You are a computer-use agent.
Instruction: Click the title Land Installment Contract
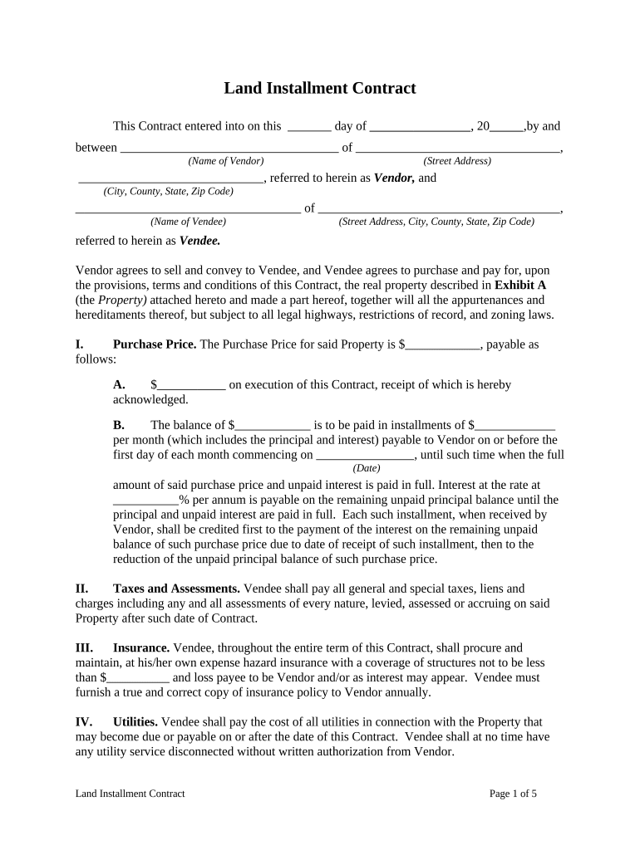pyautogui.click(x=319, y=88)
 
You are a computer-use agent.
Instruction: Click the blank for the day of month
pyautogui.click(x=309, y=128)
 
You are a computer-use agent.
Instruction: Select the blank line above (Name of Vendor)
pyautogui.click(x=229, y=150)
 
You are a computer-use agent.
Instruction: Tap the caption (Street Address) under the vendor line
pyautogui.click(x=456, y=161)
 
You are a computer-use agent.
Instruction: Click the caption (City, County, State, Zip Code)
pyautogui.click(x=168, y=191)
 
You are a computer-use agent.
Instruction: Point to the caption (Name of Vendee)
pyautogui.click(x=188, y=222)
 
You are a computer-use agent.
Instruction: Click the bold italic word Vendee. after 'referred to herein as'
pyautogui.click(x=200, y=241)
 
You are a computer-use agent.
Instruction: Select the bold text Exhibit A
pyautogui.click(x=520, y=285)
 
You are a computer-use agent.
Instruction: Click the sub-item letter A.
pyautogui.click(x=119, y=385)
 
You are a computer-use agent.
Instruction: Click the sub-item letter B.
pyautogui.click(x=119, y=425)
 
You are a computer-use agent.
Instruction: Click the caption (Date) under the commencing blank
pyautogui.click(x=367, y=468)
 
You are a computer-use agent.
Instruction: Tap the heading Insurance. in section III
pyautogui.click(x=141, y=647)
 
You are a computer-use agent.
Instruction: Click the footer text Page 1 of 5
pyautogui.click(x=513, y=794)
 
